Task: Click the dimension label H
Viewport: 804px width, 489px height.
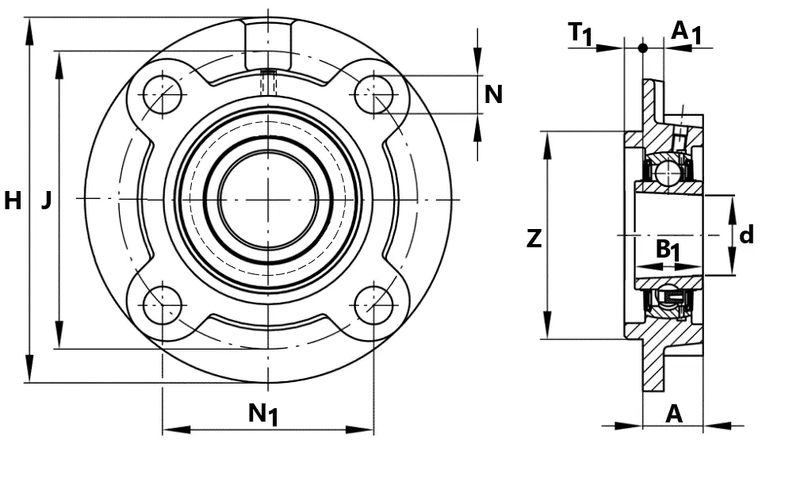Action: (13, 201)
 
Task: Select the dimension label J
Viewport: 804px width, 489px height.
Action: (47, 200)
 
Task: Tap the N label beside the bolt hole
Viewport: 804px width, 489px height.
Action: (493, 94)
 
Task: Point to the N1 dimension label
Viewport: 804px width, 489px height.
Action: (263, 413)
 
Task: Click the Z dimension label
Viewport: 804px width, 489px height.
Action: (534, 239)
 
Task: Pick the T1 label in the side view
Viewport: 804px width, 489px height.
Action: (581, 34)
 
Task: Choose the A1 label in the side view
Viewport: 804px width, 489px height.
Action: (686, 32)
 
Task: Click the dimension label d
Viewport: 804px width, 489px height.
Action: (747, 235)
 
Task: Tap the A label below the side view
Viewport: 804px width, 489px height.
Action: (674, 413)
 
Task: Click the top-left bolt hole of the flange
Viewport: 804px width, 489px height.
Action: (163, 95)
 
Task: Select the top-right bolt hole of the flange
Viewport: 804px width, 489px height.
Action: (373, 95)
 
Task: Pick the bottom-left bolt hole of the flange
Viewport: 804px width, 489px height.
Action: (163, 305)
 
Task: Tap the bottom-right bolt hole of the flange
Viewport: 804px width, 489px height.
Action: (373, 305)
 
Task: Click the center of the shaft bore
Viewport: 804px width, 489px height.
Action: (268, 199)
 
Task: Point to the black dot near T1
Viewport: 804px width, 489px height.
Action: (642, 48)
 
